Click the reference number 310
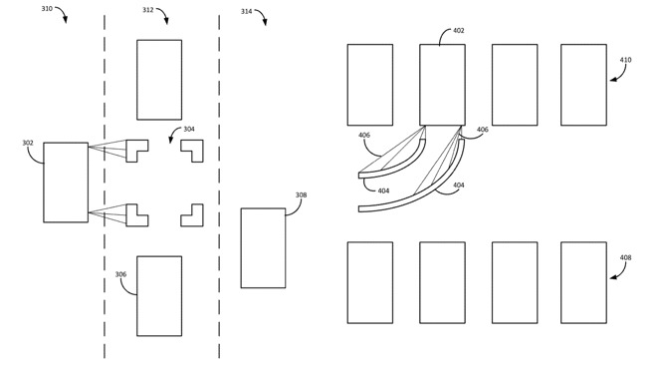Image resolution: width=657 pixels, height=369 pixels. click(x=47, y=8)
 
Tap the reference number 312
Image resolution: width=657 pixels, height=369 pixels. click(x=148, y=10)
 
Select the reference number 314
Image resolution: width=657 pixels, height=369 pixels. click(x=247, y=11)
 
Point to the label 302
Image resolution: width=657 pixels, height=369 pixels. click(x=28, y=143)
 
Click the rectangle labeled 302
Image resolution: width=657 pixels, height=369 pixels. click(x=66, y=183)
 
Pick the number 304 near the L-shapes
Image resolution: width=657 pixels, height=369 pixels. click(x=189, y=129)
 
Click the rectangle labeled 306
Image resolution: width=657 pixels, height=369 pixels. click(x=159, y=296)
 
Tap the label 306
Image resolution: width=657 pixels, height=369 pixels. click(x=120, y=274)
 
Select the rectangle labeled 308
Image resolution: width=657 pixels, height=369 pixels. click(x=263, y=248)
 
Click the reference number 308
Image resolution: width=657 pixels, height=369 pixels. click(x=301, y=194)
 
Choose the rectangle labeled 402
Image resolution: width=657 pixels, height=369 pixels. click(x=442, y=85)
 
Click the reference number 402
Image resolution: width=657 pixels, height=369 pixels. click(x=458, y=30)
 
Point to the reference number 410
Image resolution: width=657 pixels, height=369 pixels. click(x=625, y=60)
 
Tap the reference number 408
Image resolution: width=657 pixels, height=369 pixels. click(x=625, y=257)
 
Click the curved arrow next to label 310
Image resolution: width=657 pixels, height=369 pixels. click(x=63, y=13)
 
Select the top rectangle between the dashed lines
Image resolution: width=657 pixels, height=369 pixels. click(x=159, y=80)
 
